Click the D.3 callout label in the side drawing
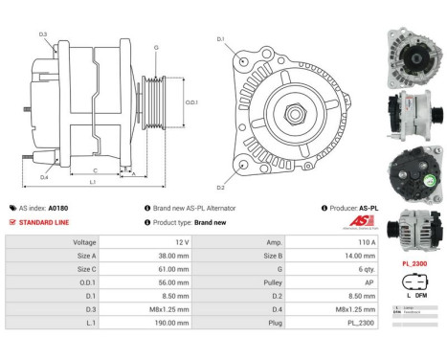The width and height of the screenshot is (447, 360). pyautogui.click(x=43, y=34)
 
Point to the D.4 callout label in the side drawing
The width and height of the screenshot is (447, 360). pyautogui.click(x=44, y=177)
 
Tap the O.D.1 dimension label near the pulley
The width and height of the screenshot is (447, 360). pyautogui.click(x=190, y=101)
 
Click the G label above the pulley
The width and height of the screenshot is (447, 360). pyautogui.click(x=156, y=46)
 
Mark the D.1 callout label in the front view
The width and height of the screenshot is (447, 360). pyautogui.click(x=220, y=39)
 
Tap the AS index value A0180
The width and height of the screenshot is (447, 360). pyautogui.click(x=58, y=208)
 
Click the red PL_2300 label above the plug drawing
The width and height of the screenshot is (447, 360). pyautogui.click(x=413, y=260)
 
